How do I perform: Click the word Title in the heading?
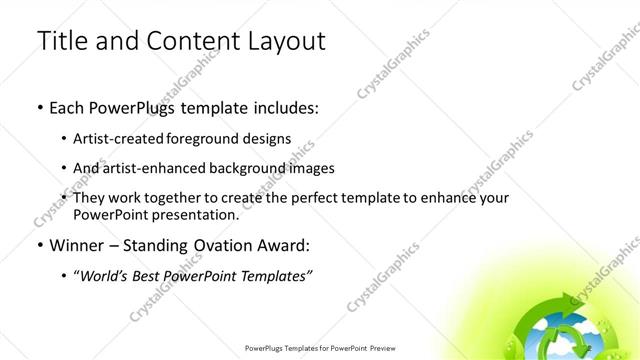click(x=63, y=41)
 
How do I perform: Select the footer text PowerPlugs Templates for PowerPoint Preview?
click(x=319, y=349)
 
